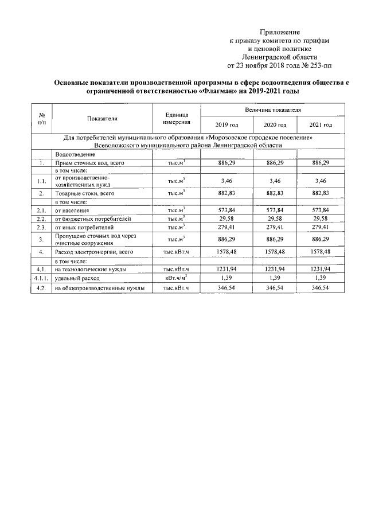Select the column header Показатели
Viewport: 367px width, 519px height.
pos(103,118)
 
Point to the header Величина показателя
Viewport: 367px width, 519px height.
pos(272,110)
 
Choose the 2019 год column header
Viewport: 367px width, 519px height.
pos(227,125)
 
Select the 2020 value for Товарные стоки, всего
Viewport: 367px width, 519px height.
pos(273,194)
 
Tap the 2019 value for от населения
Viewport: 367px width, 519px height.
pos(227,211)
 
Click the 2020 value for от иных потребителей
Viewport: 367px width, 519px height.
pos(273,227)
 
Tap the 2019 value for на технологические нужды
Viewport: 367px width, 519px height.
pos(227,269)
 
